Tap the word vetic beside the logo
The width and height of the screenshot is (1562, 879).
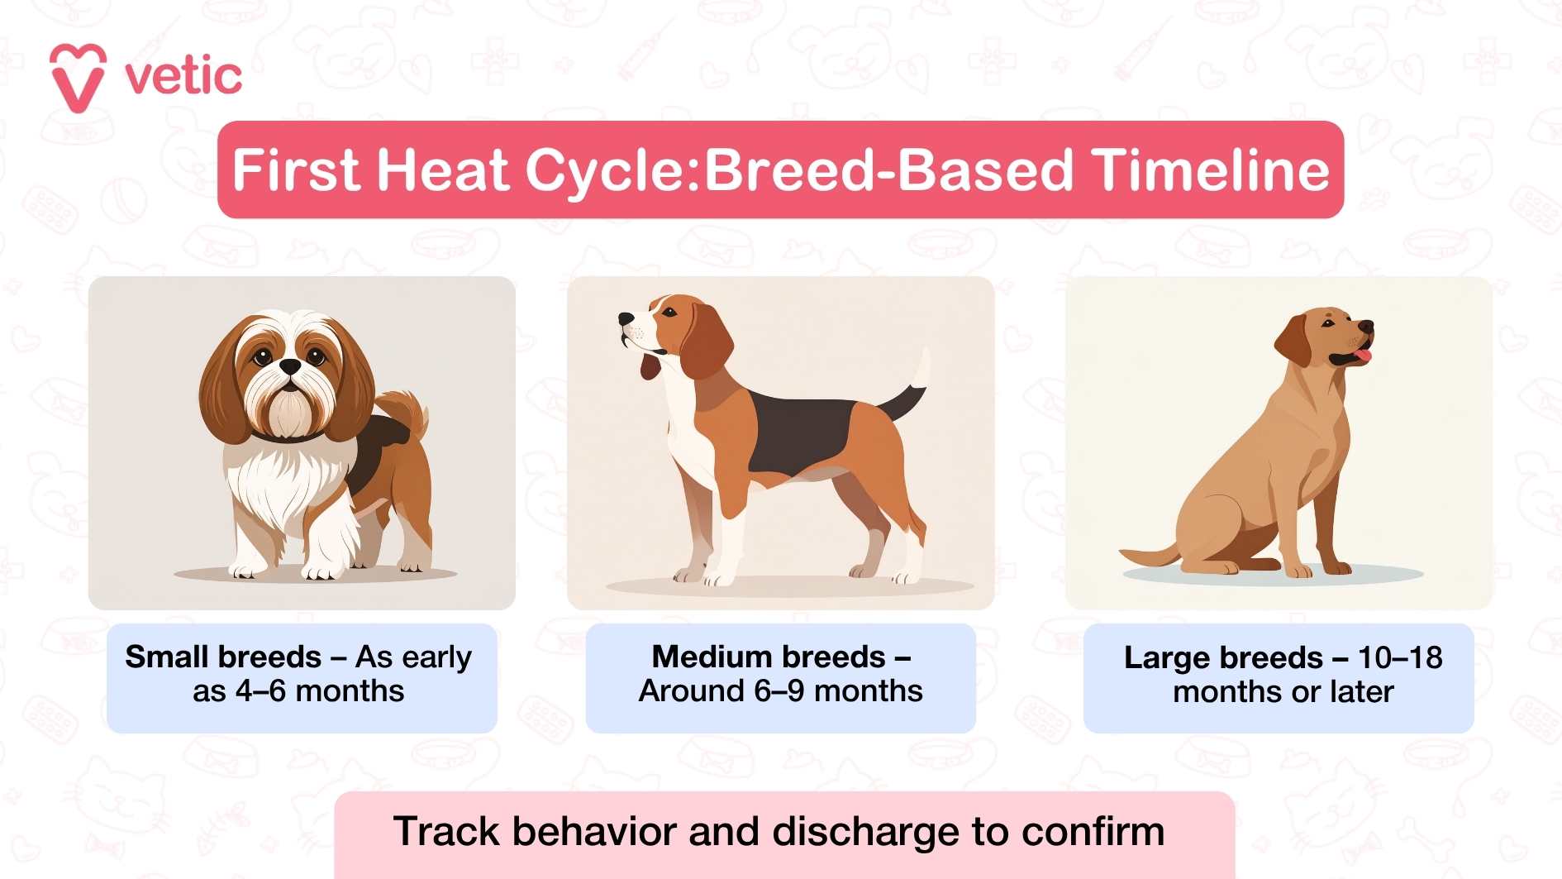coord(183,77)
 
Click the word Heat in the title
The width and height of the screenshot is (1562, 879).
coord(442,170)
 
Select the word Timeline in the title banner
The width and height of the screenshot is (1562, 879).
coord(1210,170)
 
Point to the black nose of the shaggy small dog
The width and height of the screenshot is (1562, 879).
coord(290,365)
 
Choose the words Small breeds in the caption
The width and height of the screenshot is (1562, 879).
coord(223,657)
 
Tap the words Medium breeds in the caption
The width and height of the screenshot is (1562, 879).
coord(769,657)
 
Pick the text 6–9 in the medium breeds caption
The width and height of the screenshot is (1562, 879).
coord(779,691)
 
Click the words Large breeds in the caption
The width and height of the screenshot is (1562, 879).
coord(1223,658)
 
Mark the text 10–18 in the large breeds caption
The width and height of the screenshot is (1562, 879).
coord(1400,658)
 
